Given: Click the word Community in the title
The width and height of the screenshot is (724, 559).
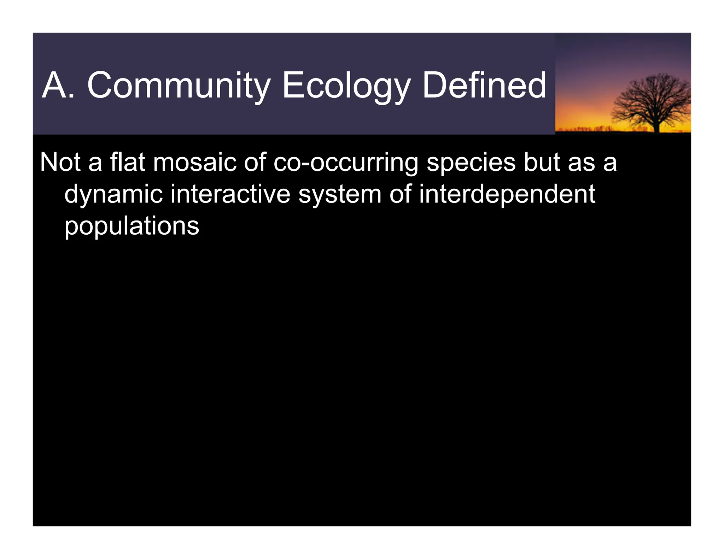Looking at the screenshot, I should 179,86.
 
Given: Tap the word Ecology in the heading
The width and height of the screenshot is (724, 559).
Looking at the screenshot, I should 346,86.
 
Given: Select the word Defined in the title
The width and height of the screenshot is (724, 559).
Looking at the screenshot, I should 484,86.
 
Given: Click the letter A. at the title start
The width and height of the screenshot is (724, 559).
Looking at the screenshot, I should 58,86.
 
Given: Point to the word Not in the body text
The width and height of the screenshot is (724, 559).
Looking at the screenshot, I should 60,162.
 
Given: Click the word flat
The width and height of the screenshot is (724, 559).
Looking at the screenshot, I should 128,162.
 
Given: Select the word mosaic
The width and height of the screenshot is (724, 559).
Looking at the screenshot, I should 194,162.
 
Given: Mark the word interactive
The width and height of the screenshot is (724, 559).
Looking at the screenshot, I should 230,194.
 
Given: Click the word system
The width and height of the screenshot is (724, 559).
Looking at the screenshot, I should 340,194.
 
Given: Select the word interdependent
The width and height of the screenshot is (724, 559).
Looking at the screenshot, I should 507,194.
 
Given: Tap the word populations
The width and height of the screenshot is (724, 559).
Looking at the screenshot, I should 132,226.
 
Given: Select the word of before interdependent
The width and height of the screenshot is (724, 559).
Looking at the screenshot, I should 400,194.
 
